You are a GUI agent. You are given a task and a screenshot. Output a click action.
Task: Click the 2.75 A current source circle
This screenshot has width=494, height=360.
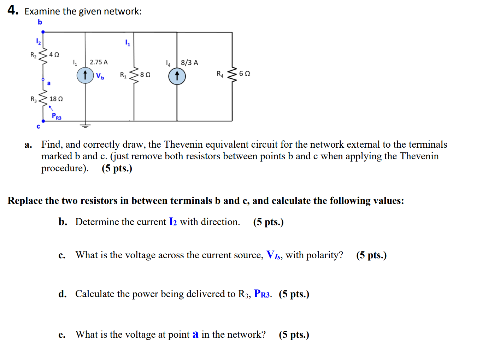point(85,76)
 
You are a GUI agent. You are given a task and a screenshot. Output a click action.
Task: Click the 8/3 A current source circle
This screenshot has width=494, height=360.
point(177,76)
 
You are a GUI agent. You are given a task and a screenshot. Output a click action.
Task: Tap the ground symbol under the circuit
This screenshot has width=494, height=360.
point(85,125)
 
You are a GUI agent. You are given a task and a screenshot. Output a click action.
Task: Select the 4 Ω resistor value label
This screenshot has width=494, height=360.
point(54,54)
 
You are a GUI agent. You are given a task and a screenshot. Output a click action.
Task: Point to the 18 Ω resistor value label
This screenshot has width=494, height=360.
point(56,99)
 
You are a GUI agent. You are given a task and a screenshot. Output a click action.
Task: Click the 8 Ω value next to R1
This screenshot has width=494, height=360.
point(145,75)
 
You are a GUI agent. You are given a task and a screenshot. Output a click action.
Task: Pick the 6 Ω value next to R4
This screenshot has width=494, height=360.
point(245,73)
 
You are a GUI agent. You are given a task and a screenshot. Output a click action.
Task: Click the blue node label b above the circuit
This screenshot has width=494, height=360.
point(40,22)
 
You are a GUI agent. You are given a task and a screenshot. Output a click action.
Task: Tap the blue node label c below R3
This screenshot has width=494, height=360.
point(38,126)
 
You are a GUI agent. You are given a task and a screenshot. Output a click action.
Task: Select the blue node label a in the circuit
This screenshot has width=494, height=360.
point(49,83)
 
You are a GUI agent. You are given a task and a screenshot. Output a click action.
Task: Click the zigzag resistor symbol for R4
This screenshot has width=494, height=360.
point(232,74)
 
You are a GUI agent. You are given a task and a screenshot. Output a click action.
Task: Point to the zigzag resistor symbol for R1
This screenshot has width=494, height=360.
point(134,75)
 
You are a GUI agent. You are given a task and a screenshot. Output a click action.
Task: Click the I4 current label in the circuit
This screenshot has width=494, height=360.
point(168,63)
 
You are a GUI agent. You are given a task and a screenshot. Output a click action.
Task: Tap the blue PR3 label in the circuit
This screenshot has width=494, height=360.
point(57,116)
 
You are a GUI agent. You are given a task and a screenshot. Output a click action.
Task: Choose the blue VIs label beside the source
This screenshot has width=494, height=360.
point(100,76)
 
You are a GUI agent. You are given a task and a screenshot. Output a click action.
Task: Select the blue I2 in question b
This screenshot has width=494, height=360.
point(173,222)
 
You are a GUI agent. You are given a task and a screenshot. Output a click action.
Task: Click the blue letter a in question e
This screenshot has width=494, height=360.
point(195,334)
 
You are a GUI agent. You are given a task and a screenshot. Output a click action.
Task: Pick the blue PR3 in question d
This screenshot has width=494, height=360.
point(262,294)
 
